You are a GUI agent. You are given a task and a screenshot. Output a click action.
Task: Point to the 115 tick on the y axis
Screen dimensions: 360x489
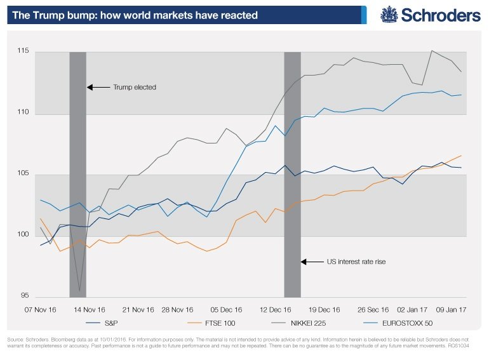(x=23, y=51)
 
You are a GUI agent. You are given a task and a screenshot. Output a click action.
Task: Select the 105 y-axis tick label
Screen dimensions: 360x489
(x=23, y=174)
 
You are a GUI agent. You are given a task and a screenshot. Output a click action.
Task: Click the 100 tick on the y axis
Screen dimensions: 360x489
(x=23, y=236)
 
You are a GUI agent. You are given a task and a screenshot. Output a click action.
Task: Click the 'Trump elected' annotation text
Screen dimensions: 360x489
(x=134, y=87)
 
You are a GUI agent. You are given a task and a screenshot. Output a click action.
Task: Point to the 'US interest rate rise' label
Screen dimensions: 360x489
(x=356, y=261)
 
